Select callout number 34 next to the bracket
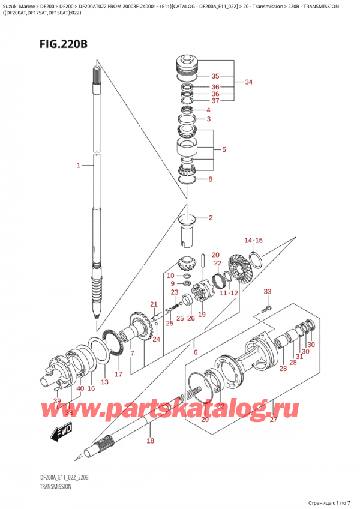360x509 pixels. tap(249, 82)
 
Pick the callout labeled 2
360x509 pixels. tap(211, 218)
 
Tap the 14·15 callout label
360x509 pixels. tap(253, 241)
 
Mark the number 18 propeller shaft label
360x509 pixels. tap(150, 441)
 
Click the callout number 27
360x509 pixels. tap(273, 420)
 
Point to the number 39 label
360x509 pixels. tap(57, 401)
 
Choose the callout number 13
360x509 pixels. tap(104, 382)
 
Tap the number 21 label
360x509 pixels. tap(154, 304)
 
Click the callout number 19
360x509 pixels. tap(202, 314)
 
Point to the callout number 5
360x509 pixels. tap(224, 149)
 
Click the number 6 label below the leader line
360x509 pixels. tap(195, 352)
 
